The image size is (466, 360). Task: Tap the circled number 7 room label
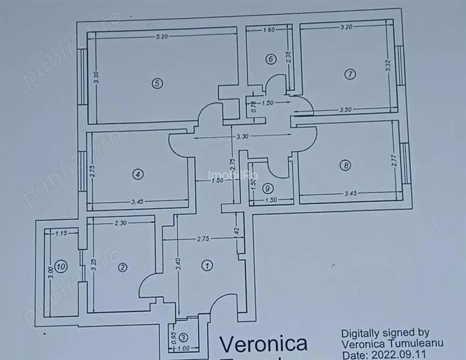coord(349,74)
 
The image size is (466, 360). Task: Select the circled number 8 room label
coord(346,166)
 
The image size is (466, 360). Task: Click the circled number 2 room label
coord(122,269)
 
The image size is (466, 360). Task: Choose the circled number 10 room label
coord(60,268)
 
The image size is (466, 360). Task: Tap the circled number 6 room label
coord(271,59)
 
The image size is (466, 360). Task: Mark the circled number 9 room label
coord(268,188)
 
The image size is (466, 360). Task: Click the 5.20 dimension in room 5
coord(161,37)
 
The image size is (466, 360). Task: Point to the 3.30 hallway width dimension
coord(242,137)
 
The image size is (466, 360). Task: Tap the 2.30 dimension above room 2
coord(120,223)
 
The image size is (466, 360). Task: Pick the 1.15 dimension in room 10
coord(61,233)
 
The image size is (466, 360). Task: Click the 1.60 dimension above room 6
coord(269,30)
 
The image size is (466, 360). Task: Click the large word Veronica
coord(263,344)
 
